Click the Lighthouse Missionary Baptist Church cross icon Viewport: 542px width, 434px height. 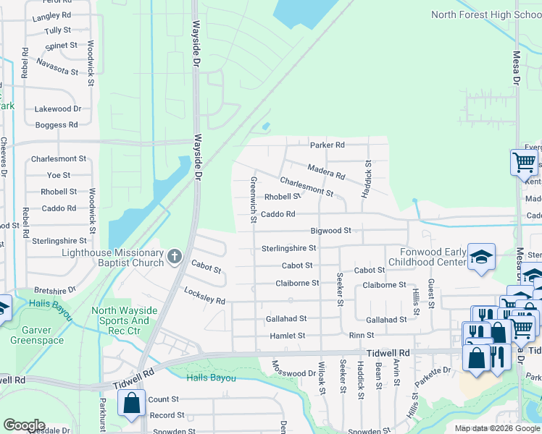click(x=174, y=256)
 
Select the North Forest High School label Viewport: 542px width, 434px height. click(x=486, y=14)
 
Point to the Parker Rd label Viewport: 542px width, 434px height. click(x=328, y=145)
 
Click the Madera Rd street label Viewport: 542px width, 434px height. click(x=326, y=171)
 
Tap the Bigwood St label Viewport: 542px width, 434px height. click(x=330, y=231)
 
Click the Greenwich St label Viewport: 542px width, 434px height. click(x=254, y=195)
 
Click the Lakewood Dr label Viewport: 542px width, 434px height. click(x=58, y=109)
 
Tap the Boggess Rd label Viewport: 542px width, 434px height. click(x=56, y=125)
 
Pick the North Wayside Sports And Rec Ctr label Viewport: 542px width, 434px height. click(x=120, y=315)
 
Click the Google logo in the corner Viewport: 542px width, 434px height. click(x=24, y=425)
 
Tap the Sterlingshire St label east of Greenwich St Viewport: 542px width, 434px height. click(x=288, y=248)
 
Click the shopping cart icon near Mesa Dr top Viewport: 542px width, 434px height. click(x=523, y=162)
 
